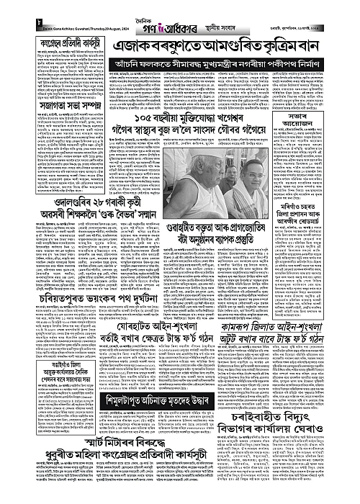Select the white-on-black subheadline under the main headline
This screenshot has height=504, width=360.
tap(235, 65)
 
